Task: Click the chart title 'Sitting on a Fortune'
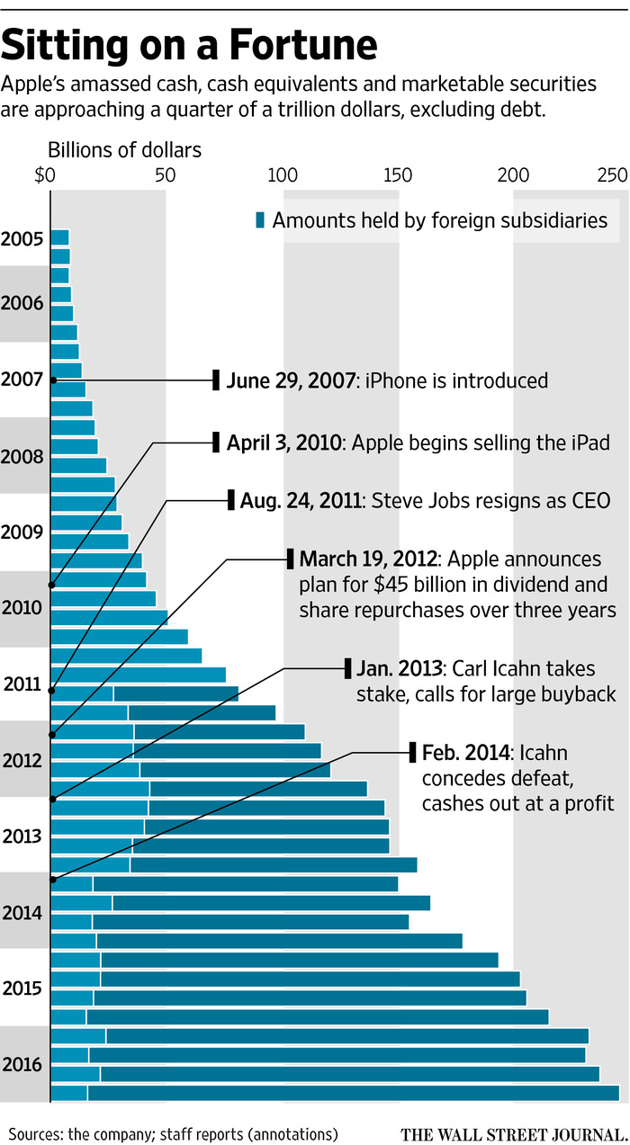pos(190,44)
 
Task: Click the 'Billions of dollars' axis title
pos(124,148)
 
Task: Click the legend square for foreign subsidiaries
pos(261,220)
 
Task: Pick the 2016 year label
pos(22,1065)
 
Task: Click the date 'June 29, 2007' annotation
pos(290,380)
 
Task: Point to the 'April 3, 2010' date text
pos(284,443)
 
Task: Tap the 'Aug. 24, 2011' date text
pos(300,500)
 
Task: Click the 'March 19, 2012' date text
pos(368,558)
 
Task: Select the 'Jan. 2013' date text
pos(399,668)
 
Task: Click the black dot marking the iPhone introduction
pos(53,380)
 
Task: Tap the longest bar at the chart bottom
pos(335,1093)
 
